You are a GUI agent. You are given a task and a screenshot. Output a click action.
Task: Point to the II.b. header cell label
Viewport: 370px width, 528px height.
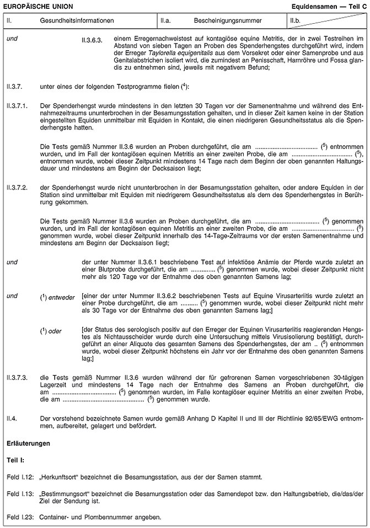coord(297,20)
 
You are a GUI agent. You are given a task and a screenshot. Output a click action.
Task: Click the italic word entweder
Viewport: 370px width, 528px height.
coord(62,297)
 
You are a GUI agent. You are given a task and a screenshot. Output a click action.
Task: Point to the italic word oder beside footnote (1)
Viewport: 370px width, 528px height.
coord(55,330)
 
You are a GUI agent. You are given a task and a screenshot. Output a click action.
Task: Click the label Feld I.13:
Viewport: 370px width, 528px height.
coord(20,494)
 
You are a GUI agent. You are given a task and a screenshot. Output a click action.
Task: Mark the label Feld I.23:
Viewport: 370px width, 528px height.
coord(20,518)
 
